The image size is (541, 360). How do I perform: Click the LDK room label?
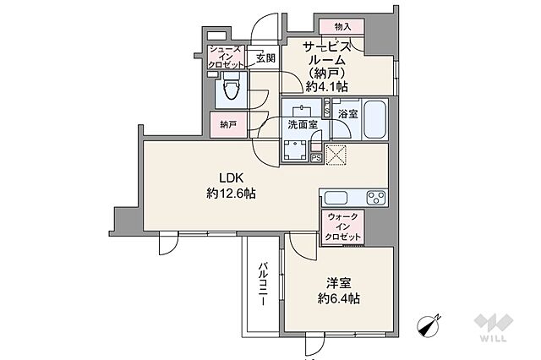(232, 178)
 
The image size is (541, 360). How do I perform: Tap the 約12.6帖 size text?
(232, 194)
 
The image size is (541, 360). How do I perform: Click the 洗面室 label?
(302, 123)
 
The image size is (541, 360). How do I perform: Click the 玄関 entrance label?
(264, 58)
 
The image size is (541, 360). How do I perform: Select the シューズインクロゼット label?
(224, 57)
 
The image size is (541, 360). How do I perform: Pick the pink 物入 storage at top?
(342, 27)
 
